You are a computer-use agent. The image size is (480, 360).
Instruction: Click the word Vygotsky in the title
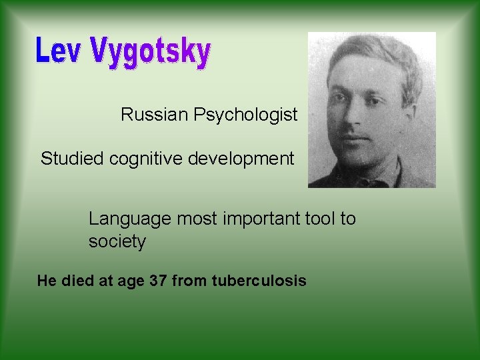click(150, 53)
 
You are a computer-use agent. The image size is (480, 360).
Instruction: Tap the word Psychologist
click(245, 115)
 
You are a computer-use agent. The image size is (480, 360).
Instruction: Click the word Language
click(127, 219)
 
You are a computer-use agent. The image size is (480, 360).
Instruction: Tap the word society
click(117, 241)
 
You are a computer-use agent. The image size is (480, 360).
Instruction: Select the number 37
click(159, 281)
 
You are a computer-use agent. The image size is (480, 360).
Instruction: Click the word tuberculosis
click(259, 281)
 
